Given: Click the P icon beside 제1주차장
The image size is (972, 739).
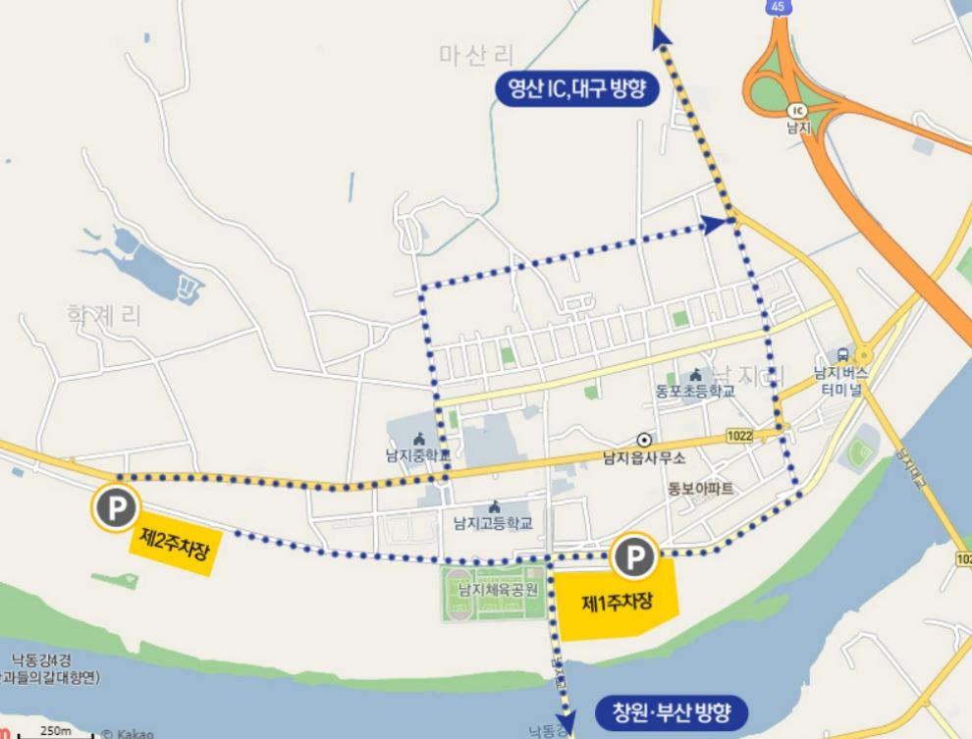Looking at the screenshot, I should coord(634,559).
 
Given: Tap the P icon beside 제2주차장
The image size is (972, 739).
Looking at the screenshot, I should coord(116,507).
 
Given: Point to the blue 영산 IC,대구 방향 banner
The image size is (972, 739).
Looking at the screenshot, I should coord(577,92).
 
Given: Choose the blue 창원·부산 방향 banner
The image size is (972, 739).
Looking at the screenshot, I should coord(672,711).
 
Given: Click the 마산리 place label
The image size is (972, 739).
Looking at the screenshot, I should coord(477,55).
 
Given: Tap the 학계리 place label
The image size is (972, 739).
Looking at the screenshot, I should coord(104,315).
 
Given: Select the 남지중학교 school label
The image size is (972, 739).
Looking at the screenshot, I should coord(418,455).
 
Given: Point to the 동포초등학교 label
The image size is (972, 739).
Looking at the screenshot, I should coord(695,390).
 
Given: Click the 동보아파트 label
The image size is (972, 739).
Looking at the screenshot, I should coord(701,487).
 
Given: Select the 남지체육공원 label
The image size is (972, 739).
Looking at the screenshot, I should coord(499,590).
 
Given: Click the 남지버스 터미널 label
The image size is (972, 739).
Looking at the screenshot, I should coord(843,380).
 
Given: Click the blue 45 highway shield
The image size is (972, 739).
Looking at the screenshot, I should coord(778,7).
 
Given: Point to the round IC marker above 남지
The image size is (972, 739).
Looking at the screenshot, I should coord(796,110).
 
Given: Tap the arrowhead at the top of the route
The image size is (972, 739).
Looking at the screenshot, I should coord(658,36).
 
